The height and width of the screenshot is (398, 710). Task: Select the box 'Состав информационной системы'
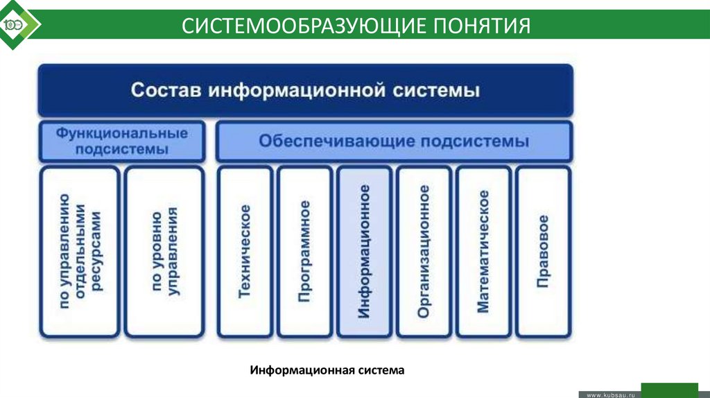(x=305, y=91)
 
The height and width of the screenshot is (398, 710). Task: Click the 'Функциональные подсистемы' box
(x=122, y=141)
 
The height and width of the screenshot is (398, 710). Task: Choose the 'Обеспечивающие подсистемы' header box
(x=394, y=141)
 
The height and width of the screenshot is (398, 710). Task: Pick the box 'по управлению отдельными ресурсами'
(x=80, y=251)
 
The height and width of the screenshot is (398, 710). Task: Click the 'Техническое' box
(x=245, y=251)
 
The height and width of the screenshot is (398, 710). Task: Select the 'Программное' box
(x=304, y=251)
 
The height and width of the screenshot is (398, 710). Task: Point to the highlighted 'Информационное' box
(x=363, y=251)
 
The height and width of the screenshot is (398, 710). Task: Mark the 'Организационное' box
(x=423, y=251)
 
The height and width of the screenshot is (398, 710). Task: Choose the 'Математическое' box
(x=483, y=251)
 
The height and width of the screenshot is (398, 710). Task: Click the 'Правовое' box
(x=542, y=251)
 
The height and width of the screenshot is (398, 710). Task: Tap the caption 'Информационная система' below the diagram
(x=327, y=370)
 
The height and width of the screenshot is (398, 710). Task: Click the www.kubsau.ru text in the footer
(x=611, y=394)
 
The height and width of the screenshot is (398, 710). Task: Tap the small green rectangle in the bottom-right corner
(x=669, y=388)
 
